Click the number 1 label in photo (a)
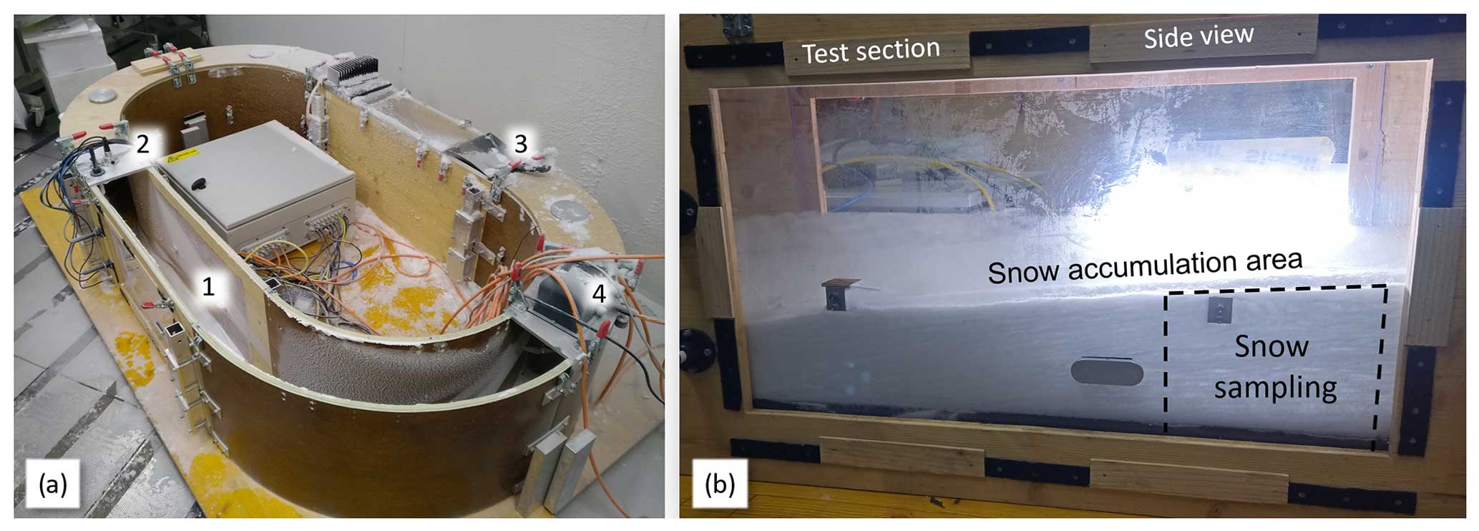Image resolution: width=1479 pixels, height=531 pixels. coord(208,286)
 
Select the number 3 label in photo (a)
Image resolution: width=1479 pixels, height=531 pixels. coord(521,144)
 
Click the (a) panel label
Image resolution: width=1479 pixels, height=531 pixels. coord(53,484)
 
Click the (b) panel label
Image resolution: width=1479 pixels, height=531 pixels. coord(719,484)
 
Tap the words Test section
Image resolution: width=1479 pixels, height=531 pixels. coord(870,51)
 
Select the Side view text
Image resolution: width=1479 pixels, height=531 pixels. coord(1198,36)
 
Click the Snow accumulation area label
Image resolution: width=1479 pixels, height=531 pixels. coord(1144,265)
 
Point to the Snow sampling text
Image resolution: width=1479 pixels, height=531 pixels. coord(1274,366)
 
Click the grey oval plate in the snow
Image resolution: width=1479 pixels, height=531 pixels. coord(1106,371)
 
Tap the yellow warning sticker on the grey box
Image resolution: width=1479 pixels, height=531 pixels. coord(177,159)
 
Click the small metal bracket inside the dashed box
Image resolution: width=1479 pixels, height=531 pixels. coord(1219,310)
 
